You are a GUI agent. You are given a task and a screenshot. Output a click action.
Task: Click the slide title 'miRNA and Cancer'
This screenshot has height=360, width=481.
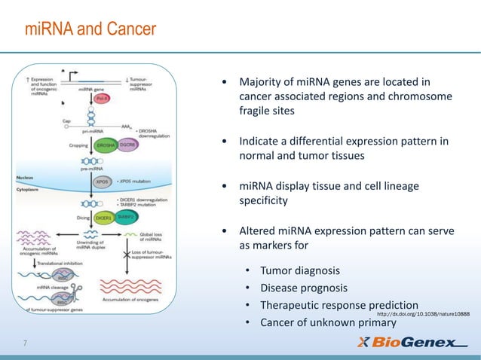(90, 29)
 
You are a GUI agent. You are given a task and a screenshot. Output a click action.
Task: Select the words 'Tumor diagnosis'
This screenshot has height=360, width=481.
(299, 270)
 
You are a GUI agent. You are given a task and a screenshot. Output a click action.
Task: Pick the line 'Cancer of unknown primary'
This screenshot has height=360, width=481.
(328, 323)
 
